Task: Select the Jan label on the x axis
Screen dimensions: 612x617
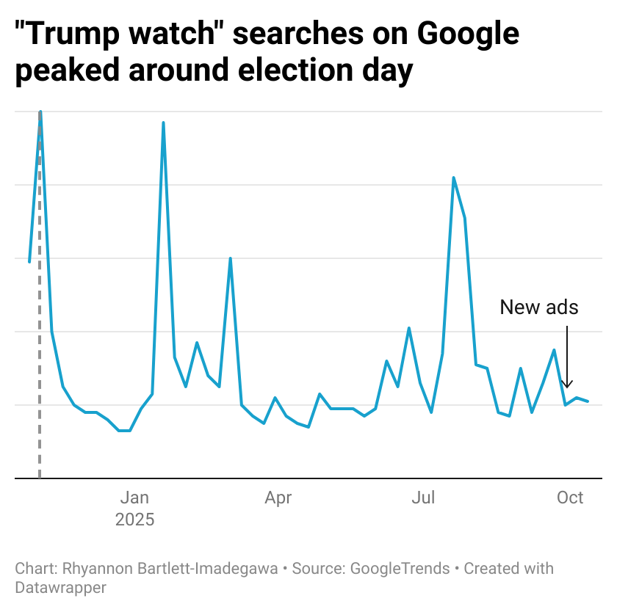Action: tap(135, 498)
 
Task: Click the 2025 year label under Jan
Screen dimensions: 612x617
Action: tap(135, 520)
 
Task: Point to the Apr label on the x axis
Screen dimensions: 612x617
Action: tap(278, 498)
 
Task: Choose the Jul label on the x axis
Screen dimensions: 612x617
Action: tap(423, 498)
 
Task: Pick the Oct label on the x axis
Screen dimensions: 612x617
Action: tap(570, 498)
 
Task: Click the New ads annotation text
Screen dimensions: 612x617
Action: tap(539, 307)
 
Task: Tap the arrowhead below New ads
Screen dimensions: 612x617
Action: tap(566, 385)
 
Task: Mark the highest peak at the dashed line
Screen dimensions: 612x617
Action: tap(40, 112)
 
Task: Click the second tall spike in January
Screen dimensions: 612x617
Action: tap(163, 123)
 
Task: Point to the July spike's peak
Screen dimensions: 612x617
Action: tap(453, 178)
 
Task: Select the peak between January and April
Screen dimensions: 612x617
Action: tap(231, 258)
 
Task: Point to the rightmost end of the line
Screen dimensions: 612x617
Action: tap(588, 401)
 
